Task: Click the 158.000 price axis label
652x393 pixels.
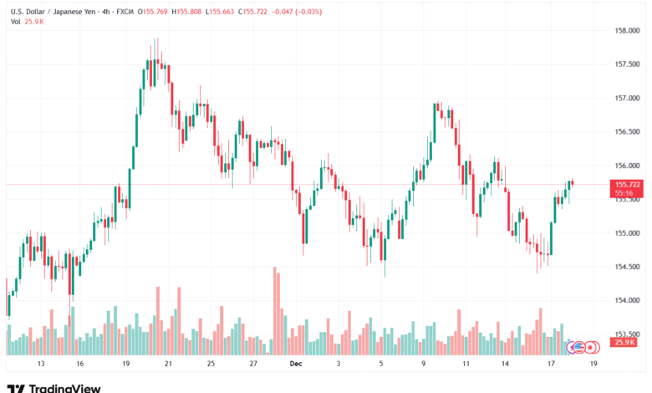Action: pos(628,31)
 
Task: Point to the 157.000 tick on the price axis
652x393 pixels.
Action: pos(628,98)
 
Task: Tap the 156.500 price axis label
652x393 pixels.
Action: pos(628,132)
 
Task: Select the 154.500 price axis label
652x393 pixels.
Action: pos(628,267)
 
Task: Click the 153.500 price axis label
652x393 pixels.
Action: pos(628,334)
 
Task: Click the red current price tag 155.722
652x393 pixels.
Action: pos(627,184)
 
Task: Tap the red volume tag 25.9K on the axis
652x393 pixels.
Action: pos(624,342)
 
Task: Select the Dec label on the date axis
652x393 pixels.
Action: pos(293,365)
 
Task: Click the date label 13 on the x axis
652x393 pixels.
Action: pos(40,365)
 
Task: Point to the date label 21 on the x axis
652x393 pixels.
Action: pos(168,365)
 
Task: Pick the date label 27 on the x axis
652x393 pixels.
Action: pos(253,365)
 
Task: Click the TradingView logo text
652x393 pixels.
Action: pos(64,387)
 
